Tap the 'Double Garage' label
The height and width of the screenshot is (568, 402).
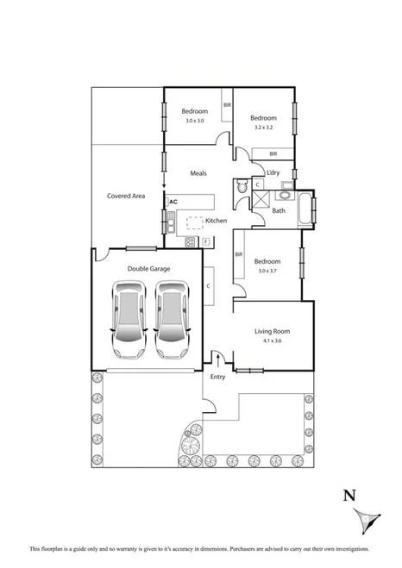click(x=148, y=269)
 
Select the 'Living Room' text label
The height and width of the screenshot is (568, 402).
click(x=272, y=331)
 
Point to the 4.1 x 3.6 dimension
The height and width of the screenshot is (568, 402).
click(x=272, y=341)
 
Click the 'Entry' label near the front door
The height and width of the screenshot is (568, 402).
click(x=217, y=377)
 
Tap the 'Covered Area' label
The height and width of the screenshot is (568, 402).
click(x=125, y=196)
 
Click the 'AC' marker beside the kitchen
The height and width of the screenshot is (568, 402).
click(x=173, y=202)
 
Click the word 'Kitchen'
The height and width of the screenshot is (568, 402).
click(x=216, y=221)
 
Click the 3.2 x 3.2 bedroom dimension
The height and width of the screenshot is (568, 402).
click(x=264, y=128)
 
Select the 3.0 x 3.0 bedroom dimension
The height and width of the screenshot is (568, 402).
click(x=194, y=120)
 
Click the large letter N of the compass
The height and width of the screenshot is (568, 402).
click(x=349, y=495)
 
